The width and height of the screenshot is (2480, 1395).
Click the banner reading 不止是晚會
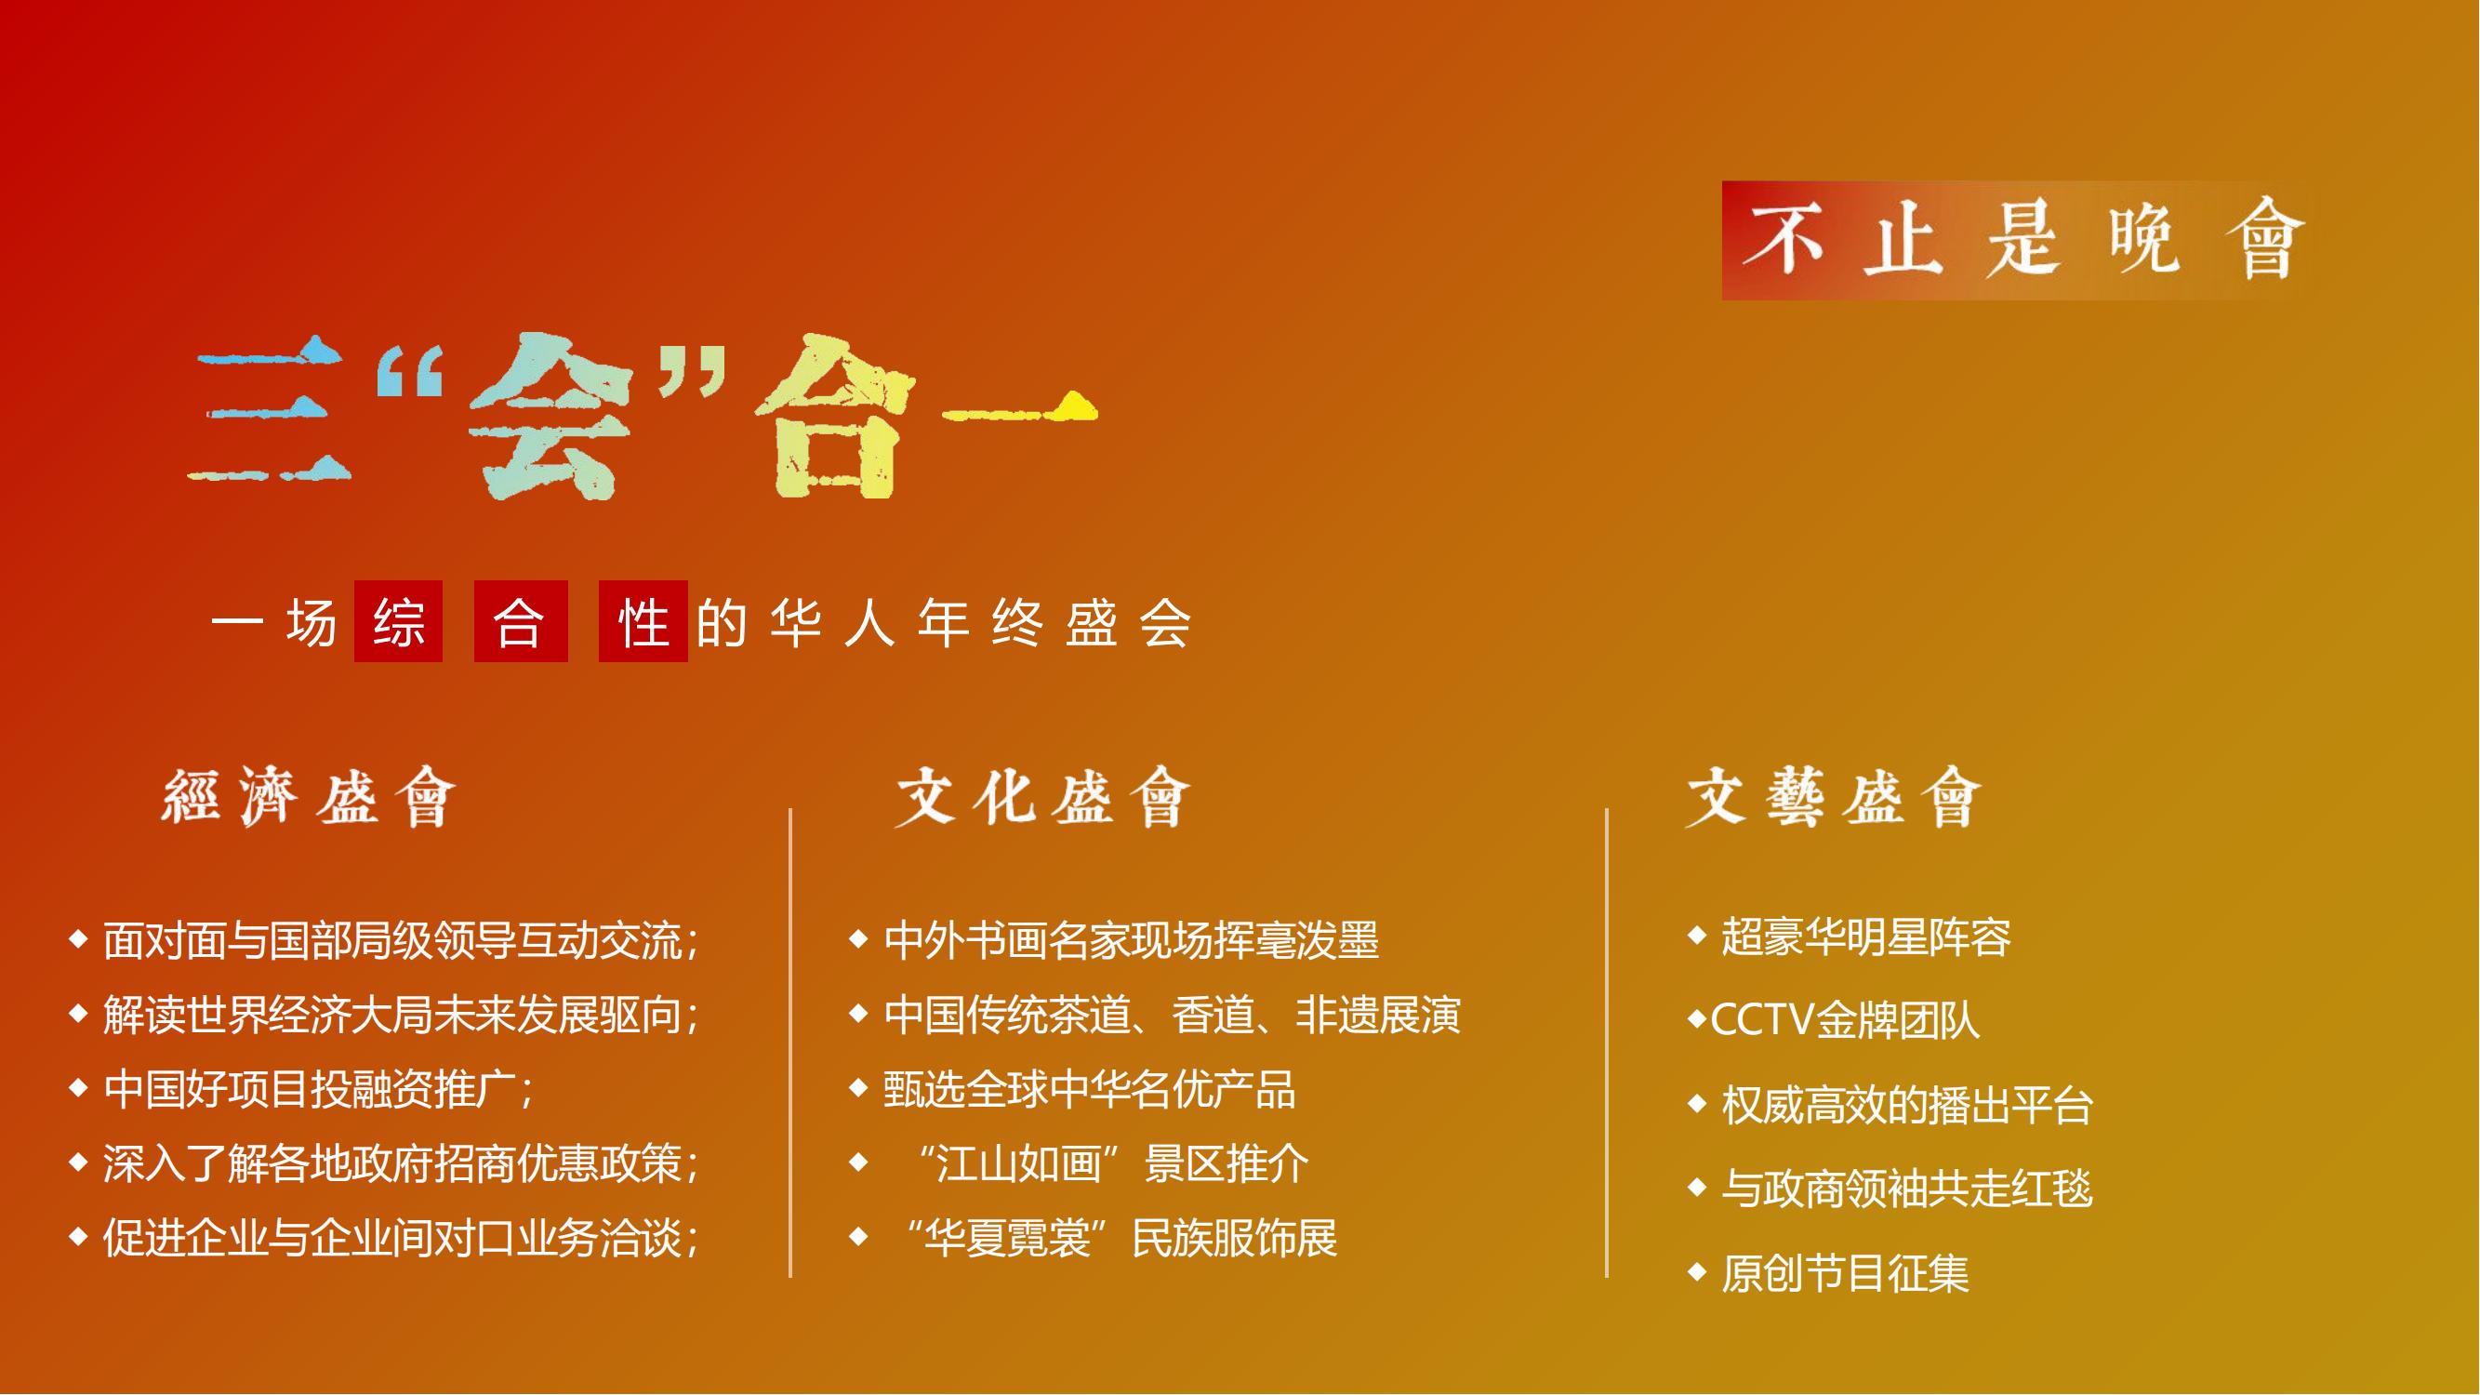click(2016, 241)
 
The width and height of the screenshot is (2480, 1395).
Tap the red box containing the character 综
click(399, 621)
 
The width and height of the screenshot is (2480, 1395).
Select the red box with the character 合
click(521, 621)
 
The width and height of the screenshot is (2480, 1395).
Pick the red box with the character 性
click(643, 621)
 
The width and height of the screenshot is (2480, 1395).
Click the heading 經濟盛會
click(308, 797)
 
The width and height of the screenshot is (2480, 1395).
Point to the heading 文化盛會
click(1043, 797)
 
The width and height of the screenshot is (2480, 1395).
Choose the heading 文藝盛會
click(1834, 797)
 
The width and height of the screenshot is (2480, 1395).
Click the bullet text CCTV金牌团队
click(1845, 1020)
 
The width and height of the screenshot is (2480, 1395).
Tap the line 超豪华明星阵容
click(1865, 937)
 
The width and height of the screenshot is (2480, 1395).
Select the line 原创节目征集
click(1845, 1273)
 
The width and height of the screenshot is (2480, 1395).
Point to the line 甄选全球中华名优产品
click(1090, 1089)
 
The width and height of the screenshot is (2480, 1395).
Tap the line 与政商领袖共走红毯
click(1907, 1188)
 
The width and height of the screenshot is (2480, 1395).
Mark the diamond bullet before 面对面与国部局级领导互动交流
click(79, 938)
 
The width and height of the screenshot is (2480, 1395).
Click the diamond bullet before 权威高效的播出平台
click(1697, 1103)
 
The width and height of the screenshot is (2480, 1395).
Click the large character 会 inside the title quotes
click(549, 416)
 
